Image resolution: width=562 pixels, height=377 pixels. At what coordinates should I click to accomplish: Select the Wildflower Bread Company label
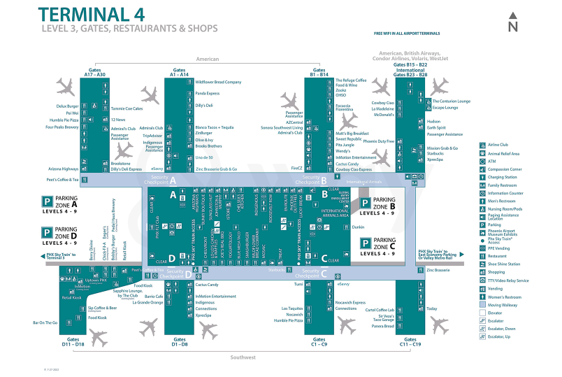(x=218, y=82)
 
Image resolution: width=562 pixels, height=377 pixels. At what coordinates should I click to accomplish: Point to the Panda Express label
(x=208, y=93)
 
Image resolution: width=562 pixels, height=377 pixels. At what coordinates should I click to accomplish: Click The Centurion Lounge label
(x=451, y=101)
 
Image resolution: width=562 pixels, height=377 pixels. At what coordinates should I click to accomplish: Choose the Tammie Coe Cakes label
(x=127, y=108)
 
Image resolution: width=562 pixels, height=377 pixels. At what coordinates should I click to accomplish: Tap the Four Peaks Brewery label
(x=62, y=127)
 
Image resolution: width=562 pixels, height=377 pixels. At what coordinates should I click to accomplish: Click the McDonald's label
(x=383, y=114)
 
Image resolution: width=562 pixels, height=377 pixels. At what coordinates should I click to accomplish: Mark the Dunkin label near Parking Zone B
(x=359, y=227)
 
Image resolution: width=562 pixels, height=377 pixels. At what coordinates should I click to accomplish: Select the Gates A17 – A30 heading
(x=95, y=72)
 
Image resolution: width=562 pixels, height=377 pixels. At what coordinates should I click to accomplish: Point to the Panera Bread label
(x=382, y=325)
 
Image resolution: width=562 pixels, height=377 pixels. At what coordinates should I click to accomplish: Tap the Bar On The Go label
(x=45, y=322)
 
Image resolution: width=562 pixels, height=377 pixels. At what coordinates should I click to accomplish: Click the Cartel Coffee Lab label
(x=380, y=310)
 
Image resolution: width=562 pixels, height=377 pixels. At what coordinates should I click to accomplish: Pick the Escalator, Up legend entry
(x=499, y=336)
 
